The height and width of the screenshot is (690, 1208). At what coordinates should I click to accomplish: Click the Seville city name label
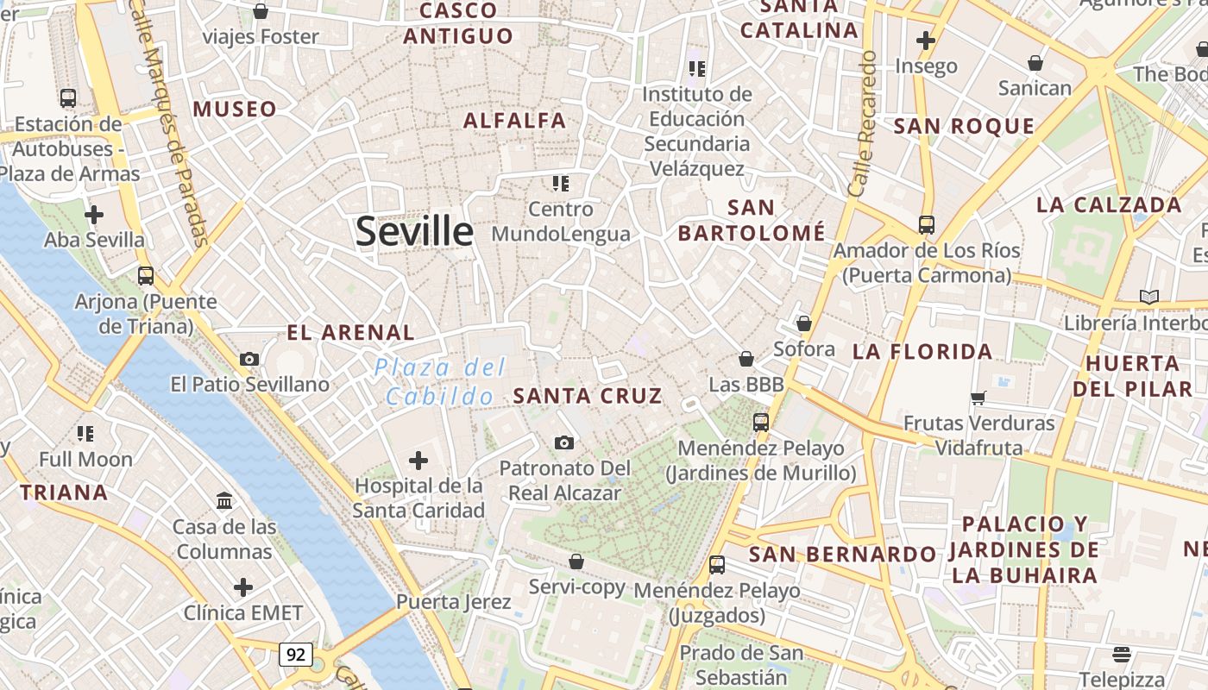[x=414, y=231]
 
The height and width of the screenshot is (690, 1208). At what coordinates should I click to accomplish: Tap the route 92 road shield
[x=295, y=655]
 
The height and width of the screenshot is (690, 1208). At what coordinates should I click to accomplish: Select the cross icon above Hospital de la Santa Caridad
[x=418, y=461]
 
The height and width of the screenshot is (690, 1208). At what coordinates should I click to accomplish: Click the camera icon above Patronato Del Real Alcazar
[x=564, y=442]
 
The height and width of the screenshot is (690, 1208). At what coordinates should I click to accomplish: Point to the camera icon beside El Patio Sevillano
[x=249, y=359]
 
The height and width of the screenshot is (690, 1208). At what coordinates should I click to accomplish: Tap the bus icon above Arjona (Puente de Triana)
[x=146, y=276]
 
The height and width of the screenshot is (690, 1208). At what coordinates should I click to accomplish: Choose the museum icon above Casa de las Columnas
[x=225, y=500]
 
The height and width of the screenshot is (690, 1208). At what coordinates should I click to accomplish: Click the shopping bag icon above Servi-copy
[x=576, y=561]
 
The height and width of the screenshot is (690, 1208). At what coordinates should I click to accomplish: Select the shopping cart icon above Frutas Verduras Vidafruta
[x=978, y=398]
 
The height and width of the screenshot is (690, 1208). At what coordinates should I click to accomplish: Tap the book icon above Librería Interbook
[x=1148, y=297]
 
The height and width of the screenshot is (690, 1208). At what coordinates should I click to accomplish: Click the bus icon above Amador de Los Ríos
[x=927, y=224]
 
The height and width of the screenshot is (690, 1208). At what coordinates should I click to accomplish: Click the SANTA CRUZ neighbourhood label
[x=588, y=396]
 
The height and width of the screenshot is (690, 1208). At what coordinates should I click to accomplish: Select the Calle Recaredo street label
[x=862, y=122]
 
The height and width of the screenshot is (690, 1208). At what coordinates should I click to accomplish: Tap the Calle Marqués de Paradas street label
[x=171, y=121]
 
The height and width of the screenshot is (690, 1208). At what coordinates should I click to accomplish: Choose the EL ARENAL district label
[x=350, y=332]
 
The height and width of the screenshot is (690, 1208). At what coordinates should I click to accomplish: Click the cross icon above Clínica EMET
[x=243, y=587]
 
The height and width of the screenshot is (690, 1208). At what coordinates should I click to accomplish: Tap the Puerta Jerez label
[x=454, y=601]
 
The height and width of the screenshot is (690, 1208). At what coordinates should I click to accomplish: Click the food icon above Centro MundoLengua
[x=561, y=183]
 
